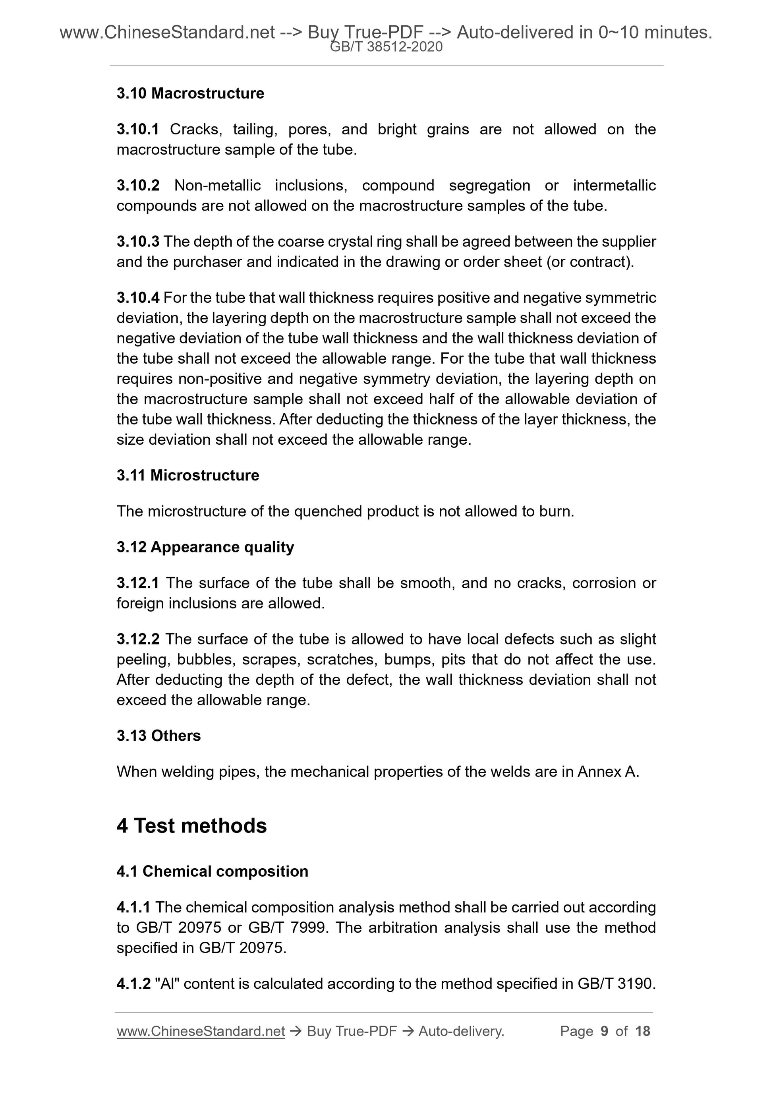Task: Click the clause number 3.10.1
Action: click(x=138, y=129)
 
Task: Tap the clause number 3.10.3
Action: click(x=138, y=242)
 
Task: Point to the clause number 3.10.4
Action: click(x=138, y=298)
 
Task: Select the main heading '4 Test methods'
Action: click(x=191, y=825)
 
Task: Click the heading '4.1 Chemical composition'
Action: click(x=213, y=871)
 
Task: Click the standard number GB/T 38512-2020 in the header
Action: click(x=386, y=47)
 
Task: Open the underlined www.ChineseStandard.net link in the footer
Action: click(x=201, y=1031)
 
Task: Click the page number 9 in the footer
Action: click(x=605, y=1031)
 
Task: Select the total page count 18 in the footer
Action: click(x=642, y=1031)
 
